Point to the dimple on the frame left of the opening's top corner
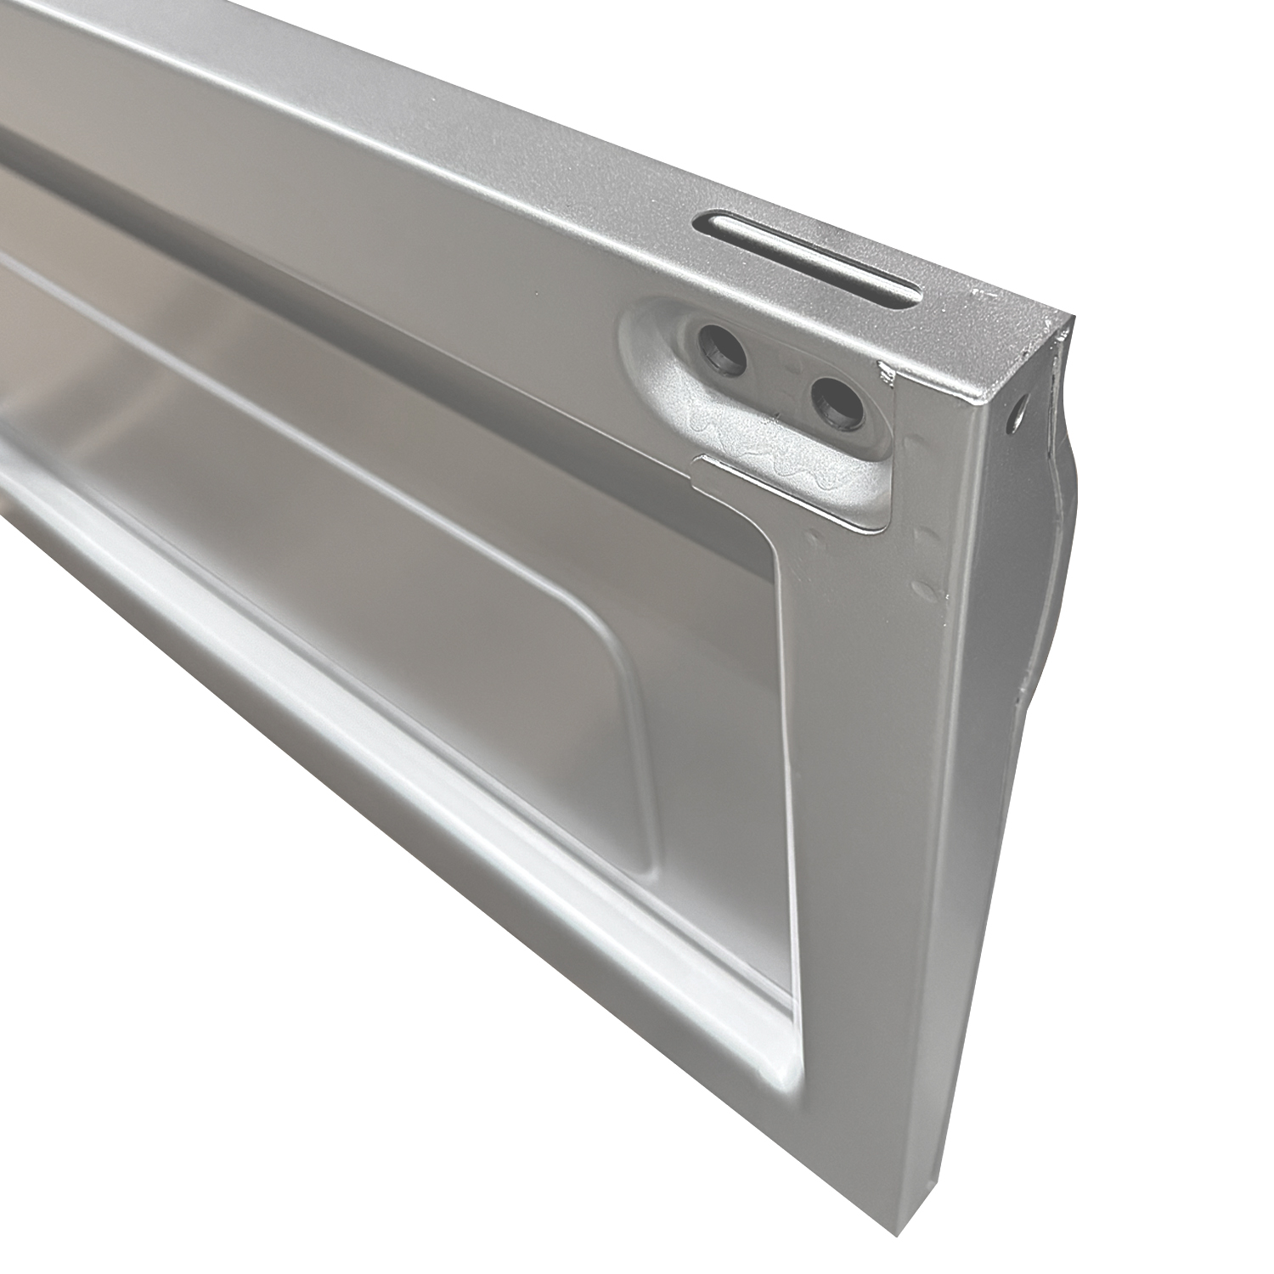pyautogui.click(x=814, y=538)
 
